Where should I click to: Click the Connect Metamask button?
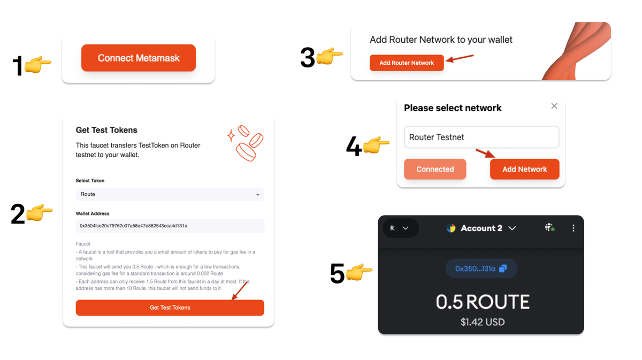(139, 58)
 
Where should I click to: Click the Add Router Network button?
(407, 63)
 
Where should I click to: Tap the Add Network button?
(524, 169)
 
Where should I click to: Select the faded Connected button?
(435, 169)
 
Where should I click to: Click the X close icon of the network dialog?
(554, 106)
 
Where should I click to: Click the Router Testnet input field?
(481, 137)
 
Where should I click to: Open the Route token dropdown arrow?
(258, 195)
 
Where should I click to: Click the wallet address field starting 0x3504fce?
(170, 226)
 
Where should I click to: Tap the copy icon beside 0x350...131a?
(503, 269)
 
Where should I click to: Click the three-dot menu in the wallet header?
(573, 228)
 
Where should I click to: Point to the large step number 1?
(18, 66)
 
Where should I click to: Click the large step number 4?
(354, 146)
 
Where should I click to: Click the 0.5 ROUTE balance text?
(483, 302)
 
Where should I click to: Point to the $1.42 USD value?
(483, 322)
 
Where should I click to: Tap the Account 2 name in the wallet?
(481, 228)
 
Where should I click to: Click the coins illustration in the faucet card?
(246, 143)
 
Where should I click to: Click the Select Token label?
(90, 181)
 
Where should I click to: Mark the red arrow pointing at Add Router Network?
(460, 58)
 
